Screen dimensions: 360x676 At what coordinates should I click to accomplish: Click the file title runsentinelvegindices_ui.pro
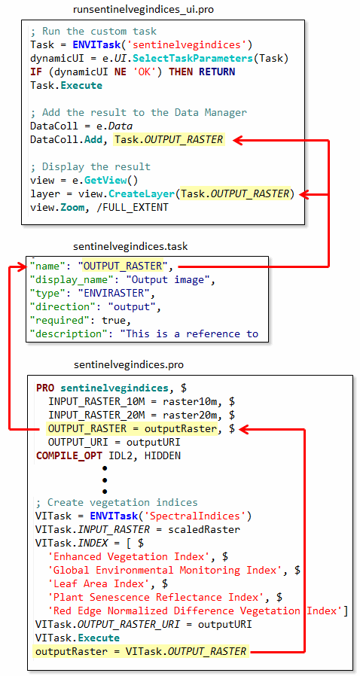(144, 10)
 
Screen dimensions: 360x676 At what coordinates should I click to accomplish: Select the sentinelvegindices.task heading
(130, 247)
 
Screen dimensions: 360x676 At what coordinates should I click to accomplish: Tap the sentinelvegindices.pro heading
(129, 365)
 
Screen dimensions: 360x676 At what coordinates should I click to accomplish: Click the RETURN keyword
(217, 72)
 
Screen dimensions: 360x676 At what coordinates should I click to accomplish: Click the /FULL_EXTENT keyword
(139, 207)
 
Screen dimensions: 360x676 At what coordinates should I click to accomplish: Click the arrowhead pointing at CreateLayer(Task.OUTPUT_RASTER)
(305, 194)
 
